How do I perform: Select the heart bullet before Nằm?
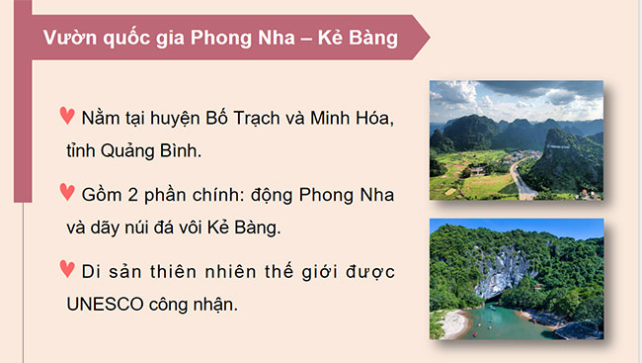(67, 116)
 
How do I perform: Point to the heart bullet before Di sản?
(67, 268)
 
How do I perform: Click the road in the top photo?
(521, 178)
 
